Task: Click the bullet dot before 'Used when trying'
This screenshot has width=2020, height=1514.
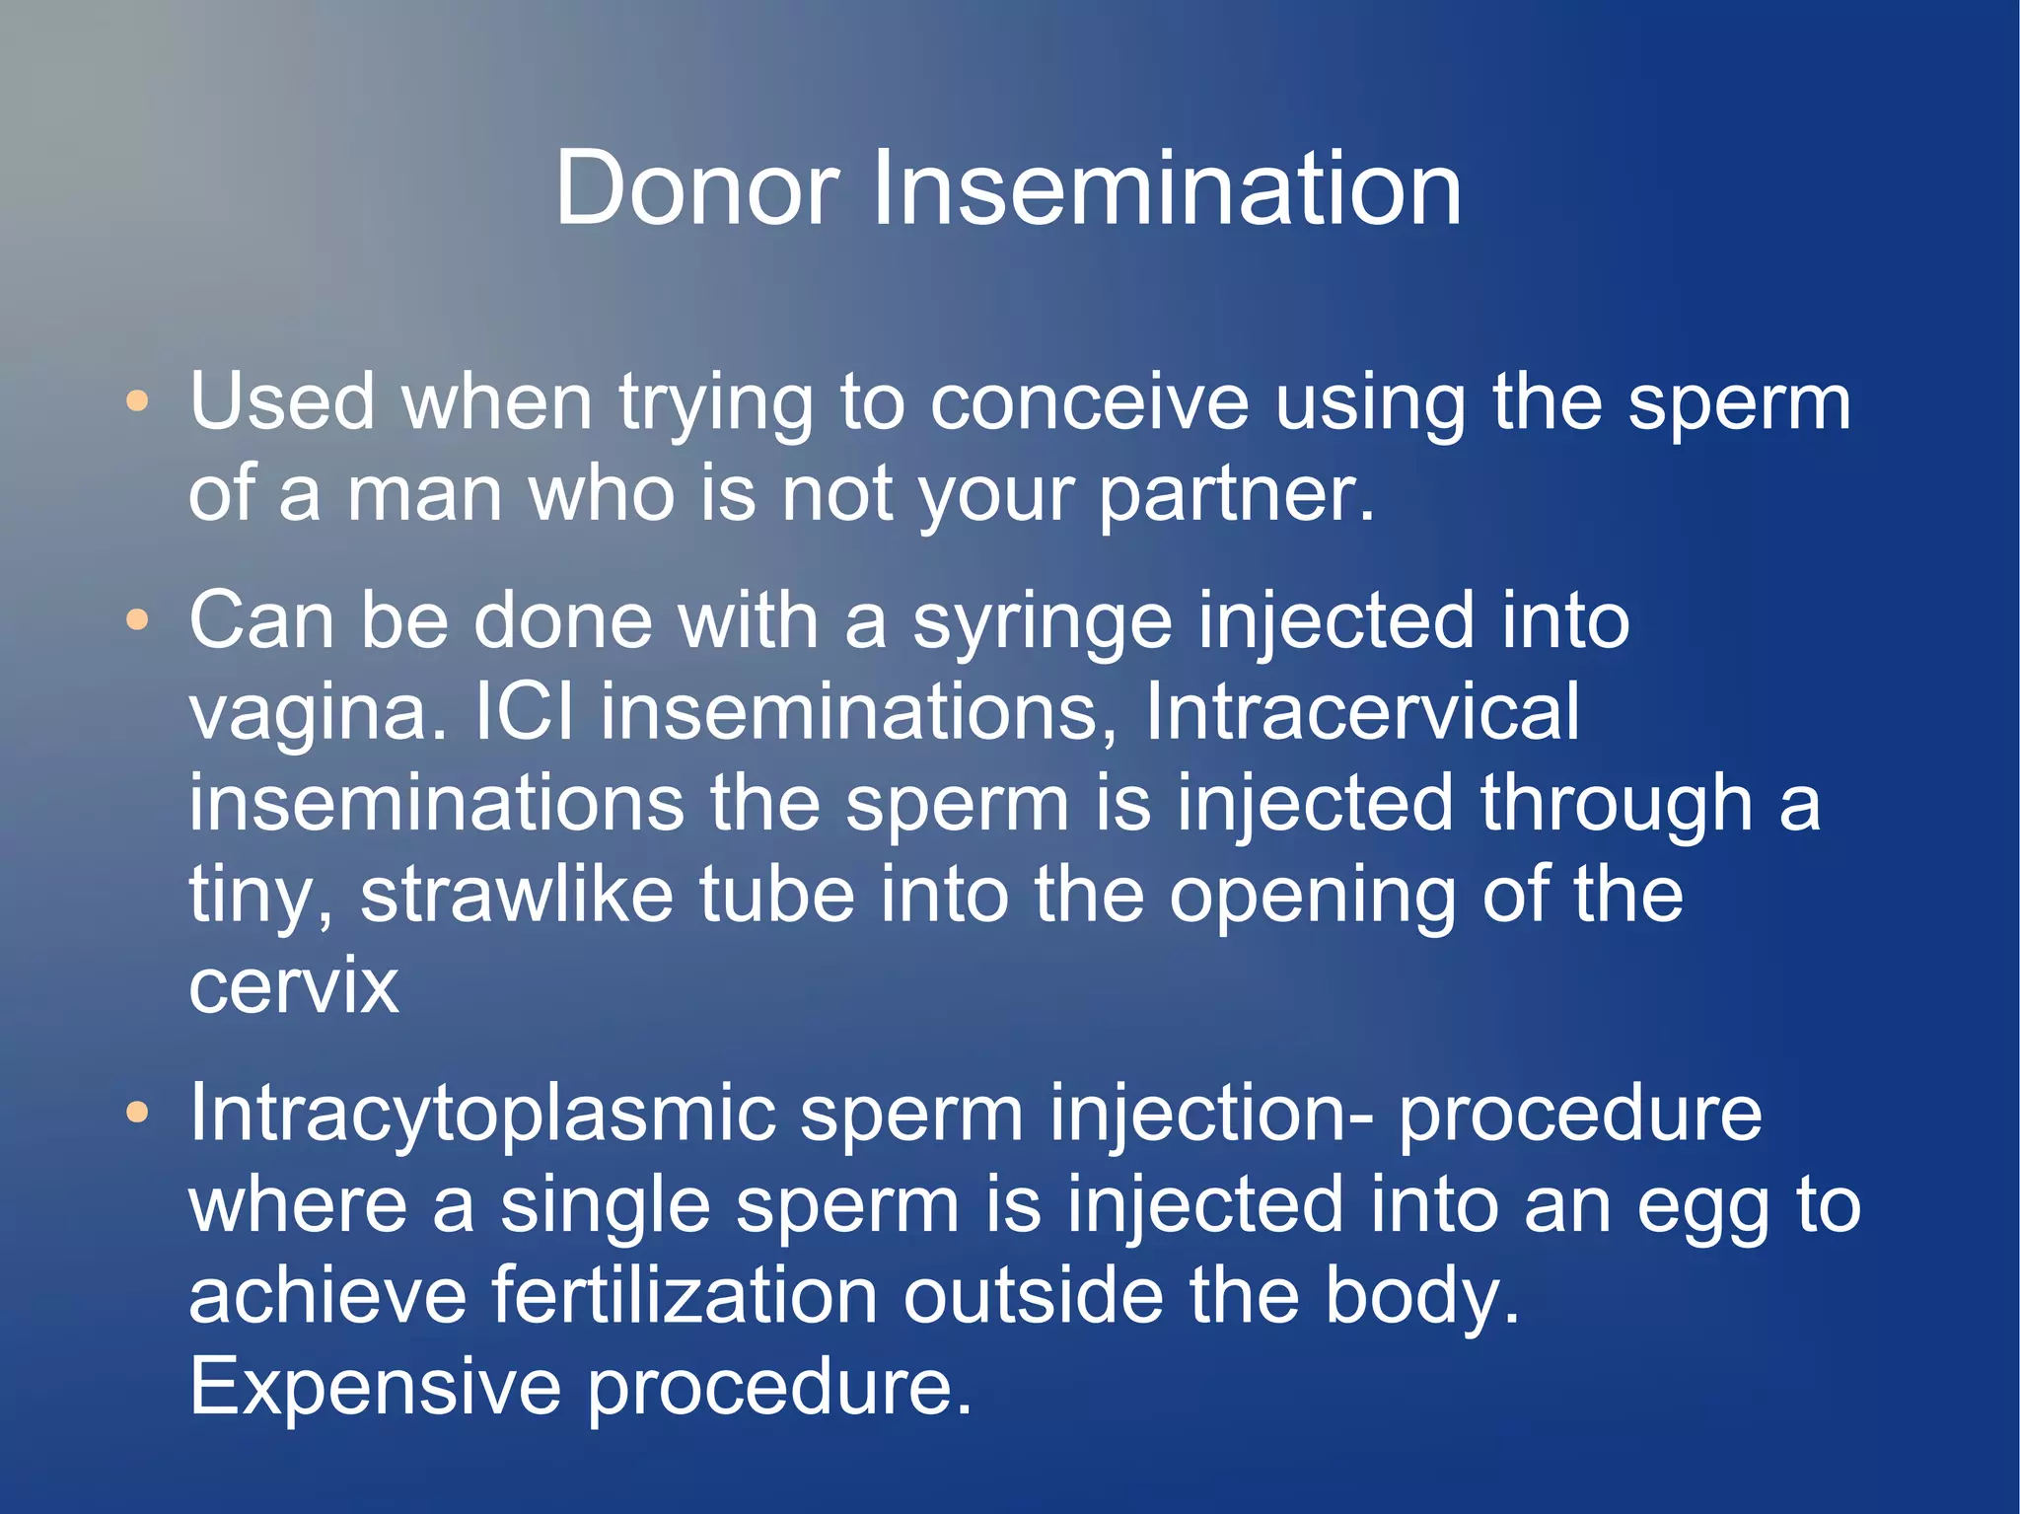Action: (x=138, y=401)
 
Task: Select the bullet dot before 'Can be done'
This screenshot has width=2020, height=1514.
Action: (x=138, y=619)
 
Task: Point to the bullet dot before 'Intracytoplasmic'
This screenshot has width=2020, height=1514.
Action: (x=138, y=1113)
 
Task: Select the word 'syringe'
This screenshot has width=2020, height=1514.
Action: (x=1043, y=622)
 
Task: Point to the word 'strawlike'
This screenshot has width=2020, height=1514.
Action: (x=517, y=895)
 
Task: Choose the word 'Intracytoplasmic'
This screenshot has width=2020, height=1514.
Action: (x=482, y=1115)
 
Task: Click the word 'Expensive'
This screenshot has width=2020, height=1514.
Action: (x=375, y=1387)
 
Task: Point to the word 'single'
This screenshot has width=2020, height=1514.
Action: (x=604, y=1206)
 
